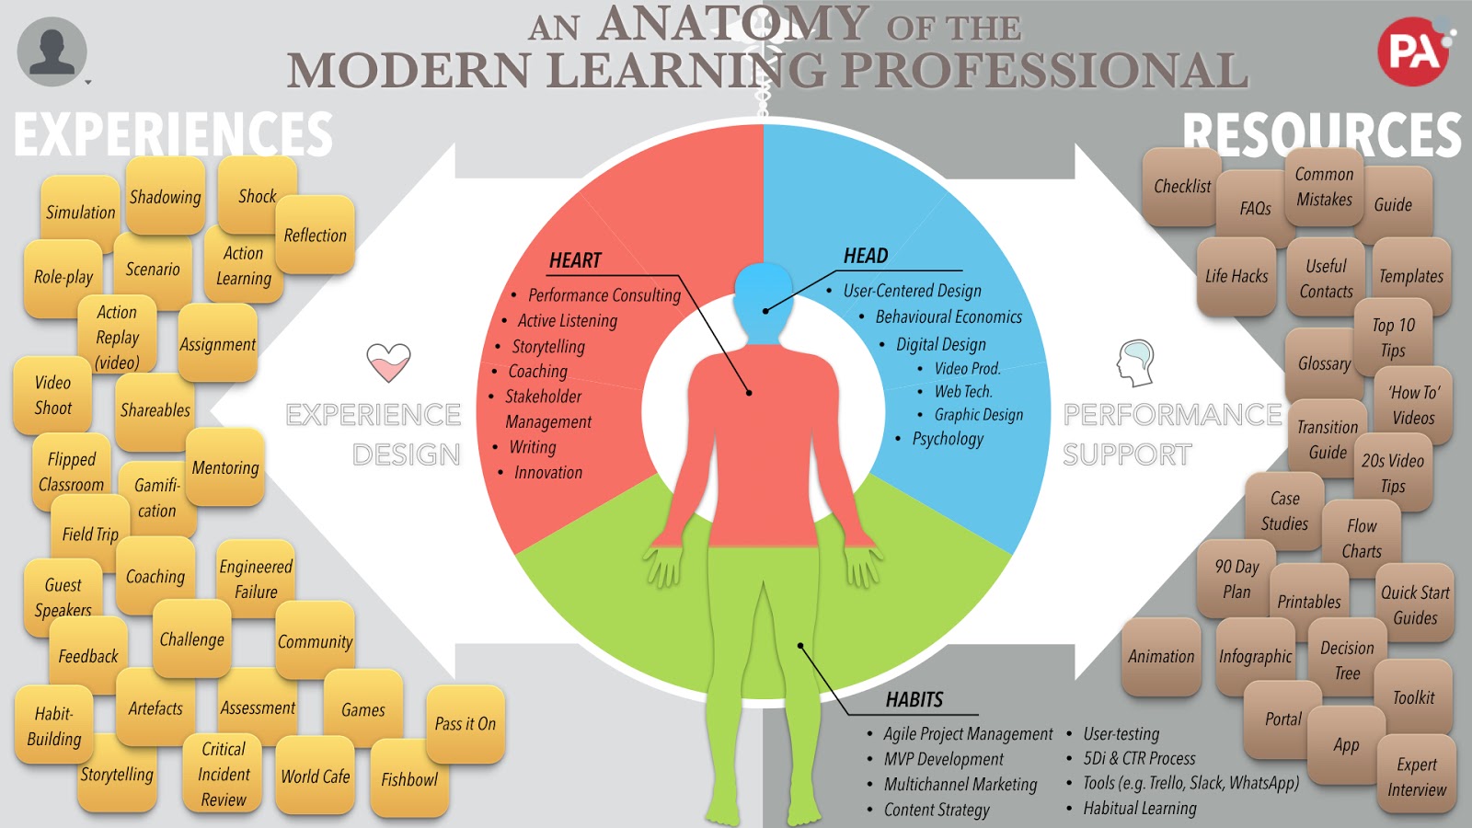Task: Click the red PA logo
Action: [1412, 52]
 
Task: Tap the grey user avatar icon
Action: [52, 52]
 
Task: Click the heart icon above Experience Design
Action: [388, 362]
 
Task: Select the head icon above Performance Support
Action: [1136, 362]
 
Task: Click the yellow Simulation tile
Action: [80, 213]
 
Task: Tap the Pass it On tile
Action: [466, 724]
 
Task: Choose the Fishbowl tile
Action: [409, 779]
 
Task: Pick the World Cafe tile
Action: [316, 776]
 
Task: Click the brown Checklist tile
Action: [1181, 187]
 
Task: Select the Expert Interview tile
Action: [1417, 776]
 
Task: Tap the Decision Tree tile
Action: [1347, 660]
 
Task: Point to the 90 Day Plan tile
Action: [1236, 579]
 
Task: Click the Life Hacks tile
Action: [1236, 276]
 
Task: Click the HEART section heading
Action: [575, 260]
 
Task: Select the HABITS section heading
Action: [914, 700]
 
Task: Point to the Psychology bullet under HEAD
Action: [948, 439]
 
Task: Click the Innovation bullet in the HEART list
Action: [548, 473]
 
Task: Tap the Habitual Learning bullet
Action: [1140, 809]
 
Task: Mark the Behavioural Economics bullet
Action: [949, 316]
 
